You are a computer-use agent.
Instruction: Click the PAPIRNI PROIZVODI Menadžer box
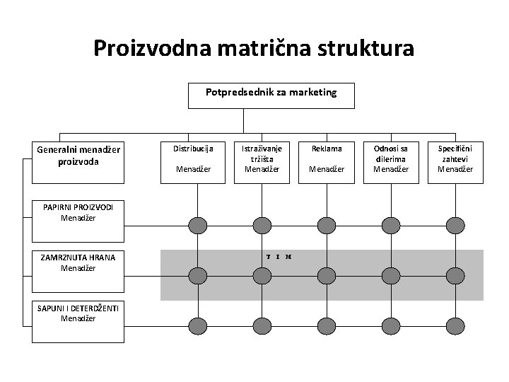pyautogui.click(x=78, y=212)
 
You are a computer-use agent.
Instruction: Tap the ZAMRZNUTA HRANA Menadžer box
pyautogui.click(x=78, y=262)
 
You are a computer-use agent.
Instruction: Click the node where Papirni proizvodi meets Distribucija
pyautogui.click(x=197, y=226)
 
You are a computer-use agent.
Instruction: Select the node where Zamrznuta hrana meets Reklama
pyautogui.click(x=325, y=275)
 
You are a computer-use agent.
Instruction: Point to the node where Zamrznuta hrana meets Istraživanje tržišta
pyautogui.click(x=262, y=275)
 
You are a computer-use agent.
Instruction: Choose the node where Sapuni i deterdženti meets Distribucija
pyautogui.click(x=197, y=325)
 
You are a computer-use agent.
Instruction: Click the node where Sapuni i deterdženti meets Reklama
pyautogui.click(x=325, y=325)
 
